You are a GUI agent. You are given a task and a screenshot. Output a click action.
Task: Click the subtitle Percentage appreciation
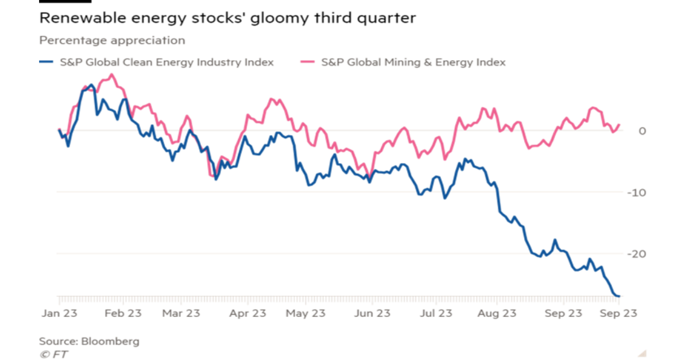pos(113,40)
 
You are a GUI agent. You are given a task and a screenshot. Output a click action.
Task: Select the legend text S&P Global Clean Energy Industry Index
pos(167,63)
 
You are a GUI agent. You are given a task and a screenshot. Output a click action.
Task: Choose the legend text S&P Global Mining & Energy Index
pos(413,63)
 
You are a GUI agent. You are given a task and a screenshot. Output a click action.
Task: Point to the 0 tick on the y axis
pos(642,131)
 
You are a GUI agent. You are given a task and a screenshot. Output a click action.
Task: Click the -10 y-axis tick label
pos(638,192)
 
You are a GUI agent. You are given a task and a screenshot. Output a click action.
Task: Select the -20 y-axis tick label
pos(638,254)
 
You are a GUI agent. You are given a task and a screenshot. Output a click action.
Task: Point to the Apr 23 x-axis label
pos(247,313)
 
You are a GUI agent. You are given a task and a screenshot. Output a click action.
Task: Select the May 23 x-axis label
pos(307,313)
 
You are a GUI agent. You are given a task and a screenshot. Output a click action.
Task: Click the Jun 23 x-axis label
pos(372,313)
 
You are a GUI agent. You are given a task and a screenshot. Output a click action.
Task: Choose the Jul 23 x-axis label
pos(436,313)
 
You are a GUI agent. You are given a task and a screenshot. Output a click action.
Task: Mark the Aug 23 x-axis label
pos(497,313)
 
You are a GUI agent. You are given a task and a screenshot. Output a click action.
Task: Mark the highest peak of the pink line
pos(111,74)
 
